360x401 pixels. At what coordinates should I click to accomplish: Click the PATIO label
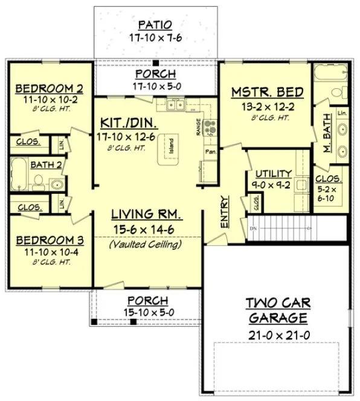155,25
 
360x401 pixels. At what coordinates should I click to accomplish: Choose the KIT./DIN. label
130,124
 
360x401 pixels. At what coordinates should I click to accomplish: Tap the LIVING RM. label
147,215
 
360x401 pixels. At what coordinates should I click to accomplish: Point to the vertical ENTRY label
225,212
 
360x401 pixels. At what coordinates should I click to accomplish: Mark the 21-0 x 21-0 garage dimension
278,335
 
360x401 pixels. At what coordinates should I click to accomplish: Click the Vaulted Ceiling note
147,245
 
